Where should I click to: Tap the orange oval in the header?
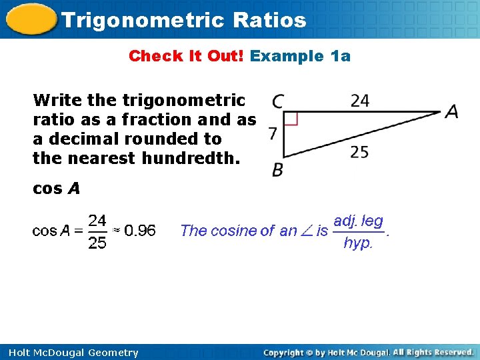30,19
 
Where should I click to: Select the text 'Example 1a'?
300,56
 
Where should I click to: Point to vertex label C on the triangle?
278,102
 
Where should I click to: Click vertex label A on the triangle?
452,112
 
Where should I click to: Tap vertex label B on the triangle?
277,171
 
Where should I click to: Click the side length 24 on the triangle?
359,101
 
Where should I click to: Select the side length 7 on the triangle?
273,134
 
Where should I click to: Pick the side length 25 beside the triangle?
359,153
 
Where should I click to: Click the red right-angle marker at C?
291,119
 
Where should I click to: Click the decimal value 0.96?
140,231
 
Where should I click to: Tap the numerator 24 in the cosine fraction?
97,219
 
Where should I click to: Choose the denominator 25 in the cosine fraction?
97,243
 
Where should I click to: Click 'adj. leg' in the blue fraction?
358,220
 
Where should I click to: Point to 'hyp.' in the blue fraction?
358,243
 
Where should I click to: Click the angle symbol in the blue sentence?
307,231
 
